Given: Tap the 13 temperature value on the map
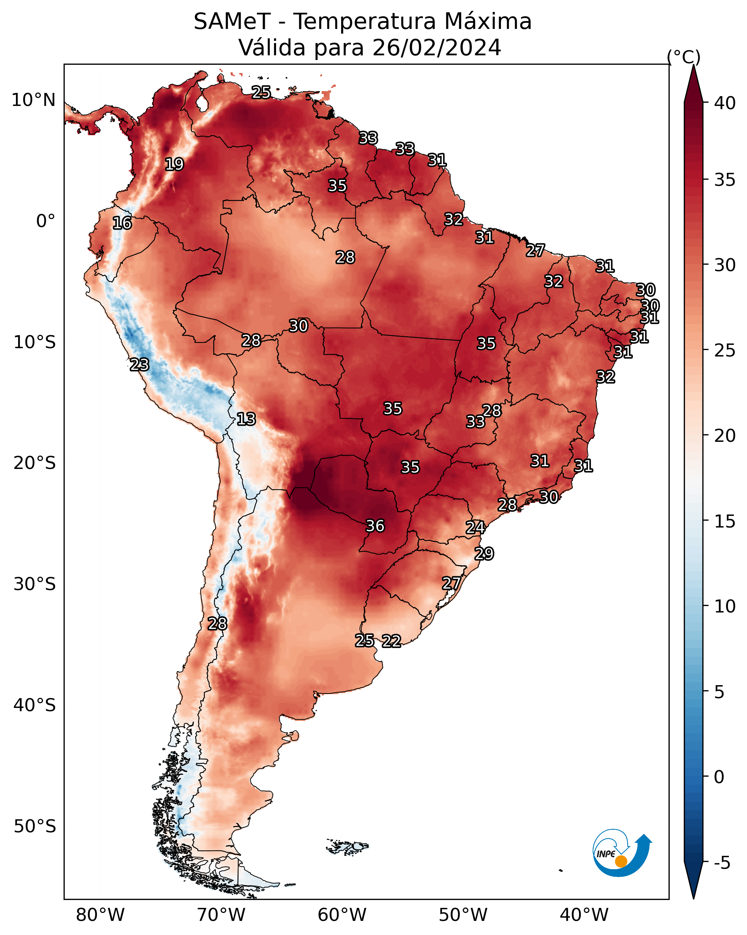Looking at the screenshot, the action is pos(246,419).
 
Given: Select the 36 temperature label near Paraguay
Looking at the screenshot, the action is pos(375,526).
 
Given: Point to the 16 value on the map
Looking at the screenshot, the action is pos(122,223).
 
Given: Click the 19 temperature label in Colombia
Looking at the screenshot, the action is pos(174,165).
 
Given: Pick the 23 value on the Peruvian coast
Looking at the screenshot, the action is pos(139,365).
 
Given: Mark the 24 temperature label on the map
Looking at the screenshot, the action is pos(475,528).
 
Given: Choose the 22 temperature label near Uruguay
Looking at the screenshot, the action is pos(391,641).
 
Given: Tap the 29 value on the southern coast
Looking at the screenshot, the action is pos(484,554).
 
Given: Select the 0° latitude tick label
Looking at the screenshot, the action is pos(46,221).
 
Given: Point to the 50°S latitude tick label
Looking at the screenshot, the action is pos(35,827).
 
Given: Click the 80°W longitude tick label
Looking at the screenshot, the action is pos(100,915).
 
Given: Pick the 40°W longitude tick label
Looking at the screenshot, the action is pos(584,915).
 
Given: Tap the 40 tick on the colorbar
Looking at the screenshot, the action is pos(725,103).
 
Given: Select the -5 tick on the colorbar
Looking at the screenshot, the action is pos(722,863).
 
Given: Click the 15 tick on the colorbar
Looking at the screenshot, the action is pos(725,521).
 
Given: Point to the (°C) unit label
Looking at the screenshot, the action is pos(684,57).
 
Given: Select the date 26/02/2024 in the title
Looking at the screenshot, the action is pos(437,48).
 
